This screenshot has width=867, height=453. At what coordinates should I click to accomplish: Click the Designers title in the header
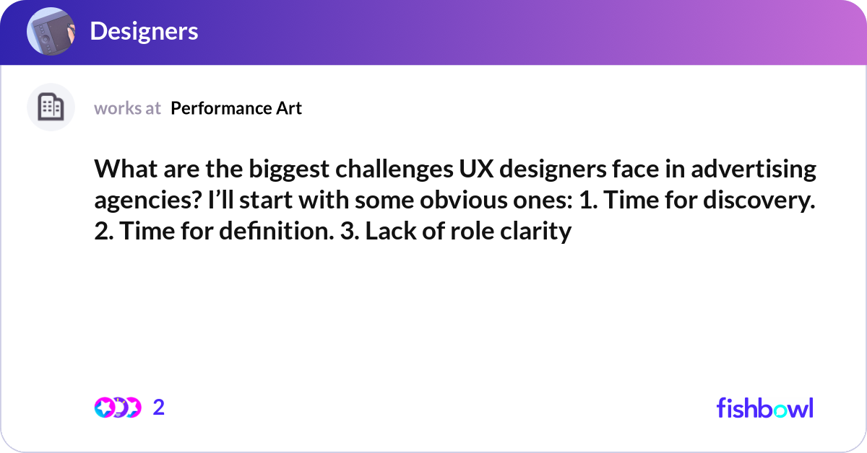(144, 31)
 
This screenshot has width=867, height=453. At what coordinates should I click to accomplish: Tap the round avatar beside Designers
(51, 32)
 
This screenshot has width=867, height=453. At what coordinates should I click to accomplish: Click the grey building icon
(51, 107)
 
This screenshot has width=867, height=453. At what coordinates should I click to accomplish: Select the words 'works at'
(127, 108)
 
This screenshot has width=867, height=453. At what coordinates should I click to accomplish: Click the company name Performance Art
(236, 108)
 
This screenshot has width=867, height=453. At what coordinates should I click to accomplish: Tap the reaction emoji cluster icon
(118, 408)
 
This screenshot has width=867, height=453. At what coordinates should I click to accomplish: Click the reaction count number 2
(159, 408)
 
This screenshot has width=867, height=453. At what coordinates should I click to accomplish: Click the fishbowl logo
(764, 408)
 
